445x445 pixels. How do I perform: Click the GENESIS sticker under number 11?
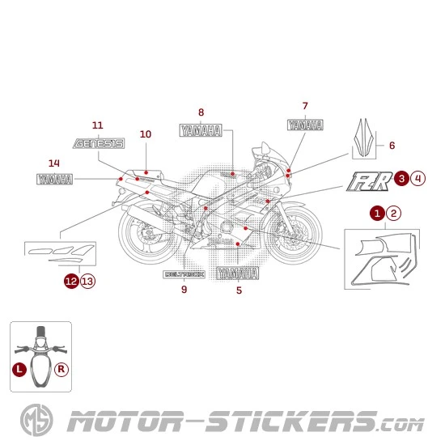click(x=98, y=144)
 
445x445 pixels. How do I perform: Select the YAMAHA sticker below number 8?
click(x=201, y=131)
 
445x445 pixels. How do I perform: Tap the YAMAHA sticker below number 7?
click(x=305, y=125)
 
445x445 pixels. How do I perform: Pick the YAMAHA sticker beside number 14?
click(x=54, y=179)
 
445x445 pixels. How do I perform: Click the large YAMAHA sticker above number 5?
click(x=238, y=273)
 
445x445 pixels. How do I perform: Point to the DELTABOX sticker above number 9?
click(x=184, y=274)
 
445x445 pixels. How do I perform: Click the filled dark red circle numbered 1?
click(x=377, y=213)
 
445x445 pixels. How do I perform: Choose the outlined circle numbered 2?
click(x=393, y=213)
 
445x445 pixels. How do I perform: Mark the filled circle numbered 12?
click(x=72, y=281)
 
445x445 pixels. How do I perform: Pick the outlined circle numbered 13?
click(x=87, y=281)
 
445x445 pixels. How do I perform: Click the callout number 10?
click(x=146, y=134)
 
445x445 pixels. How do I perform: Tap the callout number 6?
click(x=392, y=146)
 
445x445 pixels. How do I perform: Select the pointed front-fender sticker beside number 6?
click(x=366, y=138)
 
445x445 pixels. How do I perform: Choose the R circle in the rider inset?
click(x=61, y=368)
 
